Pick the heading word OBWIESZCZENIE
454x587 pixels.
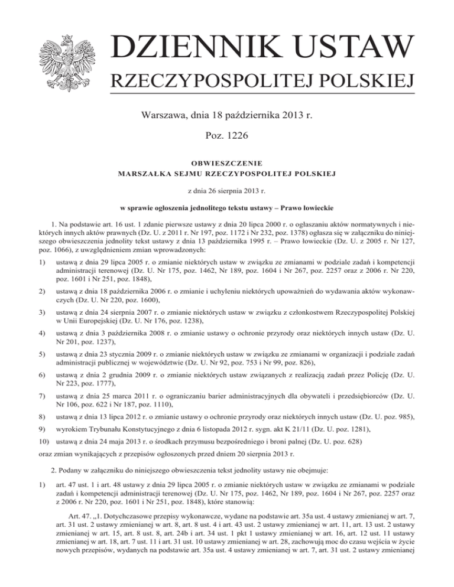coord(226,164)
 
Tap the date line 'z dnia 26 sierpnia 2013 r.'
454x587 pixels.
coord(226,191)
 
